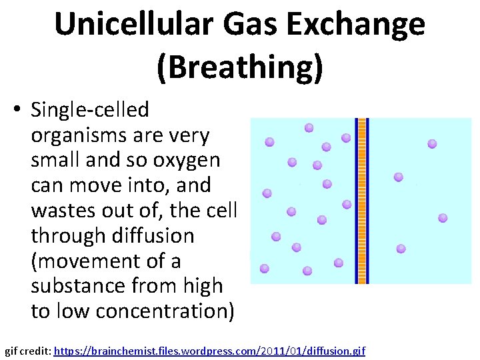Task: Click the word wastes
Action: coord(64,211)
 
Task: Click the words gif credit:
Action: coord(27,351)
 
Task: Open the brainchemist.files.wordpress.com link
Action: coord(209,351)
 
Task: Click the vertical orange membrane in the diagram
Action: coord(362,201)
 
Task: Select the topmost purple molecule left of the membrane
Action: coord(309,127)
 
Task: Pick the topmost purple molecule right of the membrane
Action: coord(432,143)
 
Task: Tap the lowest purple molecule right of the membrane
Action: coord(401,249)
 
